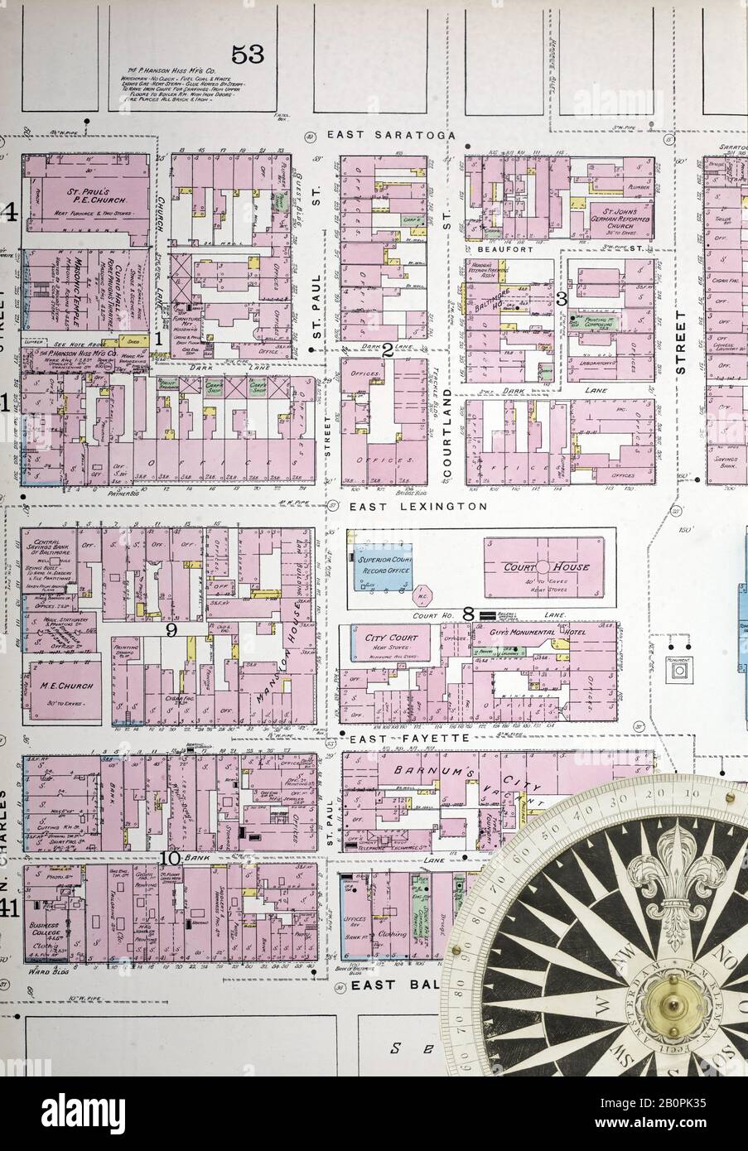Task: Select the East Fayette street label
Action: click(398, 737)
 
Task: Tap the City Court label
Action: click(384, 638)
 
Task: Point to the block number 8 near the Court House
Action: click(468, 614)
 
